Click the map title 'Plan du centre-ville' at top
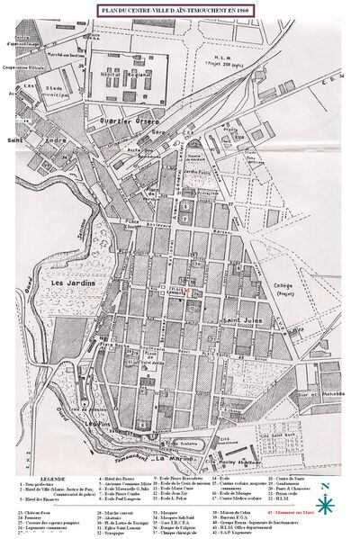tap(180, 7)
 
